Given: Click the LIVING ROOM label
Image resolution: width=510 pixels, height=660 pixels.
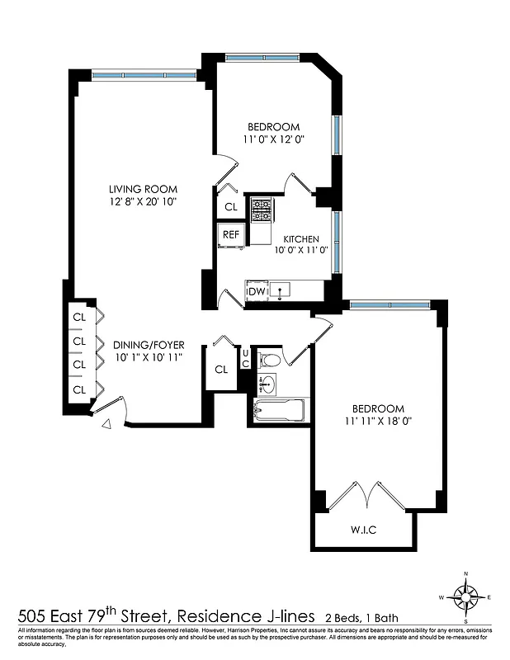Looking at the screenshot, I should pos(143,188).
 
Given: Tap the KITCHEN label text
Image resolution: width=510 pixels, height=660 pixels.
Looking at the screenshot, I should pos(301,238).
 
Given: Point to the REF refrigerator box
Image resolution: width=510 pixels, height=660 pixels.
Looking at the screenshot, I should pos(230,234).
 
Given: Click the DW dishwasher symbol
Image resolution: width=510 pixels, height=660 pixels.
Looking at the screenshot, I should pos(257,291).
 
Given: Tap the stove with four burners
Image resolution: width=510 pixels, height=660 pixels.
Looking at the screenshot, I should pos(263,211).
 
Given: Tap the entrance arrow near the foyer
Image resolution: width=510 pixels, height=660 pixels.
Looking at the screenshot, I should pos(107,425).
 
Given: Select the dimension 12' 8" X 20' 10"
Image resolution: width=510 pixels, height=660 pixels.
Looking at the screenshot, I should pos(143,200).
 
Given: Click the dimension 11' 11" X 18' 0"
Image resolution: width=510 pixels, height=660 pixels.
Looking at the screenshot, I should pos(378,421).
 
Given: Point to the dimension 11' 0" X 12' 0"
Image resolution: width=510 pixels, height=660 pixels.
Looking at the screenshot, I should pos(273,139).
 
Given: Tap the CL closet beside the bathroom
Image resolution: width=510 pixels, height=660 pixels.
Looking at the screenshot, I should pos(221,369).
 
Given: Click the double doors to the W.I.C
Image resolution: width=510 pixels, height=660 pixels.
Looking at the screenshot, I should pos(364,495).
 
